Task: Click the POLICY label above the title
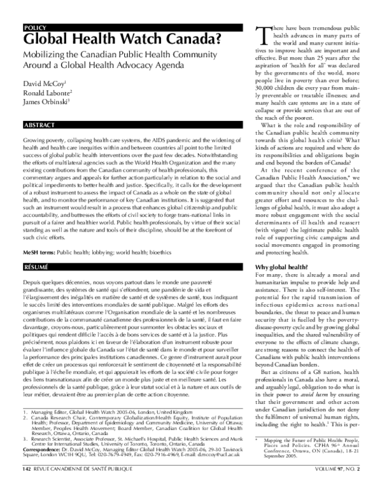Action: coord(34,27)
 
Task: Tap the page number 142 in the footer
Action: coord(26,486)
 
